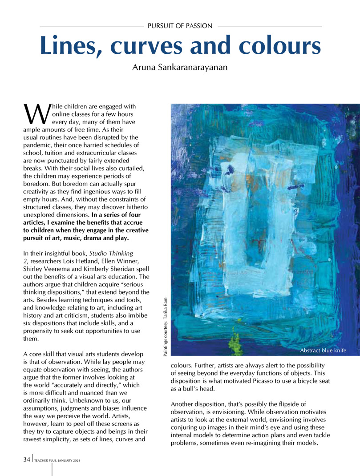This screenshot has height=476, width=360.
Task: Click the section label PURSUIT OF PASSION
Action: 180,26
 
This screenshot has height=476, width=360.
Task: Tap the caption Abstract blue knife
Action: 323,350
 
